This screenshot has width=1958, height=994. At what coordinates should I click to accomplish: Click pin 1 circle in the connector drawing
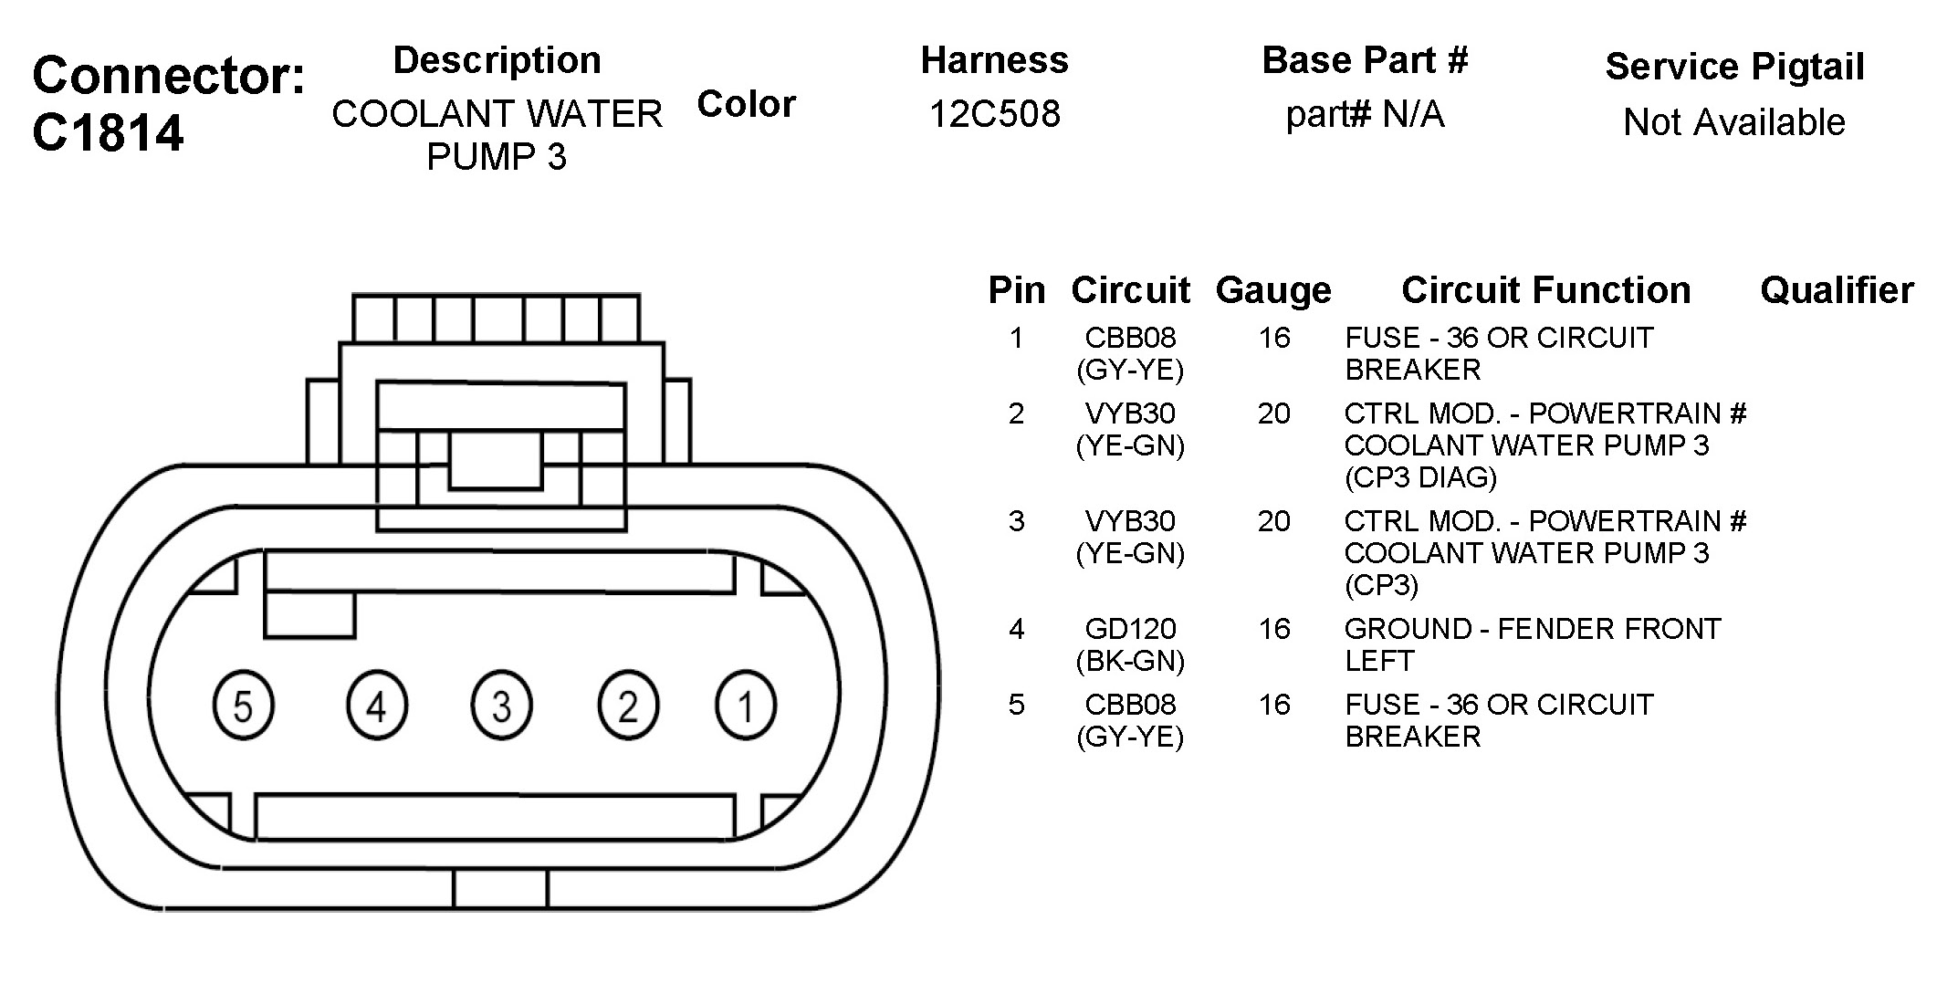click(746, 706)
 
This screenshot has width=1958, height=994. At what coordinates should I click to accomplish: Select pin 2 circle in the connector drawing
click(627, 706)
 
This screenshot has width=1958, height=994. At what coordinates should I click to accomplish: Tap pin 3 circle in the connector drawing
click(501, 706)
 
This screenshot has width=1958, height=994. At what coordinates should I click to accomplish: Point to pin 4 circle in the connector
click(377, 706)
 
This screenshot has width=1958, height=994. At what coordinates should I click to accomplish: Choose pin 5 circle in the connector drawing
click(243, 706)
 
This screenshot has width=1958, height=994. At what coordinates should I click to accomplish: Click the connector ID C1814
click(108, 133)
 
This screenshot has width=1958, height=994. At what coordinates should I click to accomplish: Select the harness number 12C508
click(994, 115)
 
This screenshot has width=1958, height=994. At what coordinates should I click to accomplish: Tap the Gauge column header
click(1273, 290)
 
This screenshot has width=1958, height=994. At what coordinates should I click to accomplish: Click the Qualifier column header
click(1837, 290)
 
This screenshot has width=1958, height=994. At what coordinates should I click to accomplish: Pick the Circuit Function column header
click(1545, 290)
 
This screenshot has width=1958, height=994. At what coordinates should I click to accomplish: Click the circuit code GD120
click(1130, 629)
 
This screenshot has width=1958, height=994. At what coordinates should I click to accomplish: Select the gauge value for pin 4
click(1274, 629)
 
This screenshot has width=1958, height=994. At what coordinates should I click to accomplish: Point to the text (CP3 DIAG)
click(1420, 477)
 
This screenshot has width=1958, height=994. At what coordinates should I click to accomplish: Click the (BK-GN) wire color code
click(1130, 661)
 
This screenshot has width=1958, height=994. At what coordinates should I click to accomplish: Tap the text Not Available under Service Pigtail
click(1733, 122)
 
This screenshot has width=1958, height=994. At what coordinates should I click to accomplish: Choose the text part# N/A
click(1365, 115)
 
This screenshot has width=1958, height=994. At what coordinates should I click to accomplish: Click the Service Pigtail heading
click(1733, 67)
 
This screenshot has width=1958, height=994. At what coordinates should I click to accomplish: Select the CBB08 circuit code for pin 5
click(1130, 705)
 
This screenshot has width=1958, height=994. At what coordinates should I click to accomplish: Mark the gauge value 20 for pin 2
click(1274, 413)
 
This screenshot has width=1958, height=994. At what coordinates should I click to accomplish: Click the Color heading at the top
click(746, 104)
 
